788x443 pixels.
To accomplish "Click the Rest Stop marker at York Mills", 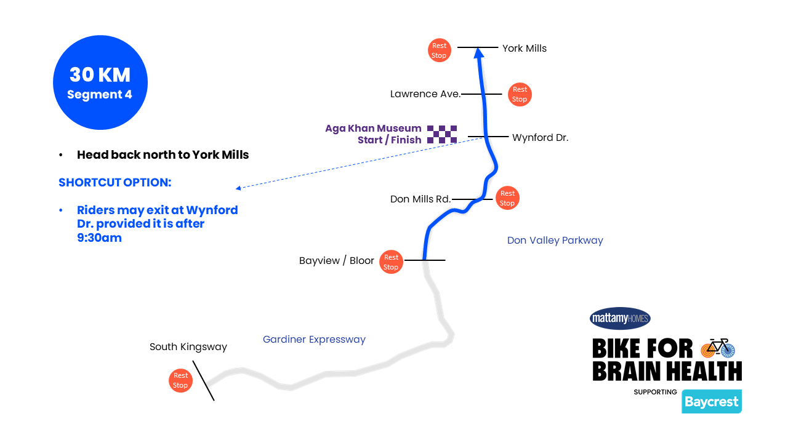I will pos(439,50).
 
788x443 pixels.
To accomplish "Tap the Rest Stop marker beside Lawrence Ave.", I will pos(520,95).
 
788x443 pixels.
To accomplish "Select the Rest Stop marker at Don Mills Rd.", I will pos(507,198).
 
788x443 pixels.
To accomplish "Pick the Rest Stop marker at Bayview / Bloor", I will pos(391,262).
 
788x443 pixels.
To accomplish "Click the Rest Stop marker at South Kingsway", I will pos(180,380).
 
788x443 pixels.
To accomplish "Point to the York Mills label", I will pos(524,48).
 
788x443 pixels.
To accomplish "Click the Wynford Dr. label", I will pos(540,138).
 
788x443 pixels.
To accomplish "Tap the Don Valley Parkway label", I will pos(555,240).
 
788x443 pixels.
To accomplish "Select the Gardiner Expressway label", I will pos(314,340).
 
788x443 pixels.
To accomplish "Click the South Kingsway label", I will pos(188,347).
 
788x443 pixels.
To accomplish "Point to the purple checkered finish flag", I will pos(442,134).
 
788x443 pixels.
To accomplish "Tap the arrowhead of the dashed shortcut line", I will pos(238,188).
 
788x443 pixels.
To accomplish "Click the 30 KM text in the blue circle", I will pos(100,74).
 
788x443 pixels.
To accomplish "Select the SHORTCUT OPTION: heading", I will pos(115,183).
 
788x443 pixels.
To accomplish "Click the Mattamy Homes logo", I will pos(620,318).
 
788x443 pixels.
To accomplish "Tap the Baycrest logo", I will pos(712,402).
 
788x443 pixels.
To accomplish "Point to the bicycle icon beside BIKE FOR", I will pos(718,348).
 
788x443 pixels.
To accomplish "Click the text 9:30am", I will pos(99,237).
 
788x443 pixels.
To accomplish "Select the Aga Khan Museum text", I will pos(373,129).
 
